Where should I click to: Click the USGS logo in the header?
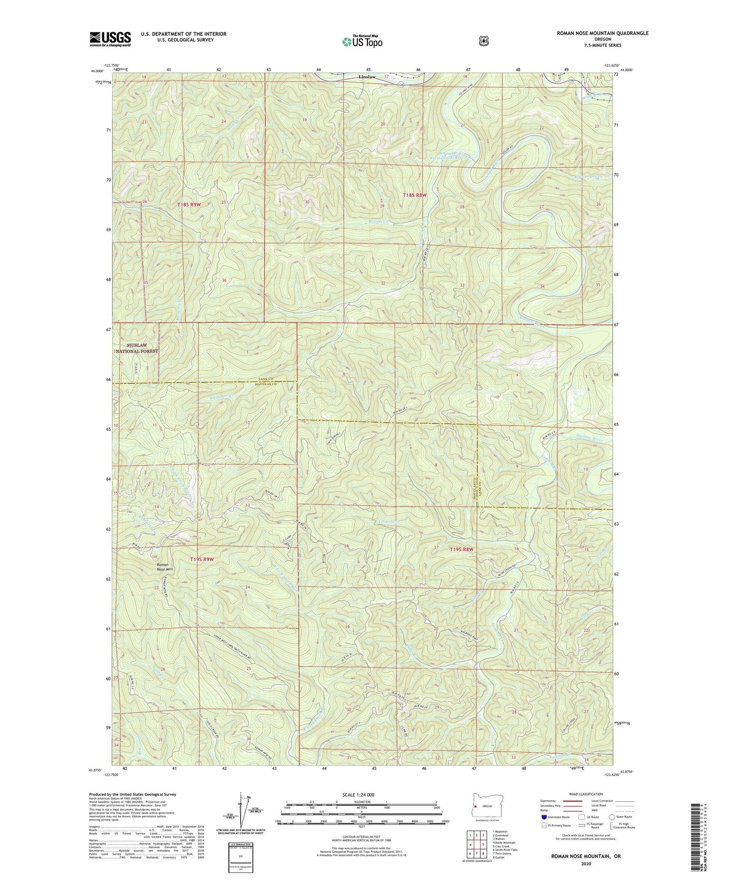click(x=110, y=39)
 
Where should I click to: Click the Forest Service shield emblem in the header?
click(x=483, y=41)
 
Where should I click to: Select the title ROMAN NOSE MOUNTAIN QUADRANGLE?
click(x=602, y=33)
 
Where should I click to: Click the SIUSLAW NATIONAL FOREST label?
click(x=137, y=348)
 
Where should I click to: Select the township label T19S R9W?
click(x=202, y=559)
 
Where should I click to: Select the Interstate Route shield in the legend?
click(x=544, y=817)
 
